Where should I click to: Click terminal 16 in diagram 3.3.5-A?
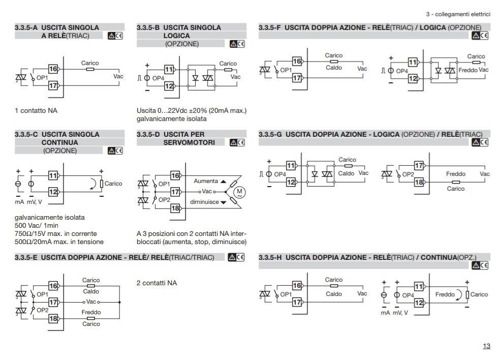53,69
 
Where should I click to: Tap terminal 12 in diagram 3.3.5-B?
169,86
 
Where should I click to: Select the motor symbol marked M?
239,192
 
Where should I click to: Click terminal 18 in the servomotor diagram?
175,208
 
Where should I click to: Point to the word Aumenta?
206,182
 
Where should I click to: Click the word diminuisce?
204,202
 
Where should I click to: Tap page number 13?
486,346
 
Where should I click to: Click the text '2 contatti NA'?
156,283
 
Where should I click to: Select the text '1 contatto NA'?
36,110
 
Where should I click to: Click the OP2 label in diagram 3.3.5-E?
42,310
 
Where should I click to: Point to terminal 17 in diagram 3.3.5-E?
53,302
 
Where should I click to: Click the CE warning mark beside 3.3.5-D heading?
237,142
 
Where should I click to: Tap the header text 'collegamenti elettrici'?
462,14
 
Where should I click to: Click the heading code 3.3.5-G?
270,135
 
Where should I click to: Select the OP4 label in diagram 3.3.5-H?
408,295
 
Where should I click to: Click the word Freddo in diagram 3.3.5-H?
445,294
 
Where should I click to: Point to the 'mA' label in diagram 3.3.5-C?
19,202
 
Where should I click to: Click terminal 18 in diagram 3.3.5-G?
419,182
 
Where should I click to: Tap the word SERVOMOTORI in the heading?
189,142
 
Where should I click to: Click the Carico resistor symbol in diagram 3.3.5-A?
90,69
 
